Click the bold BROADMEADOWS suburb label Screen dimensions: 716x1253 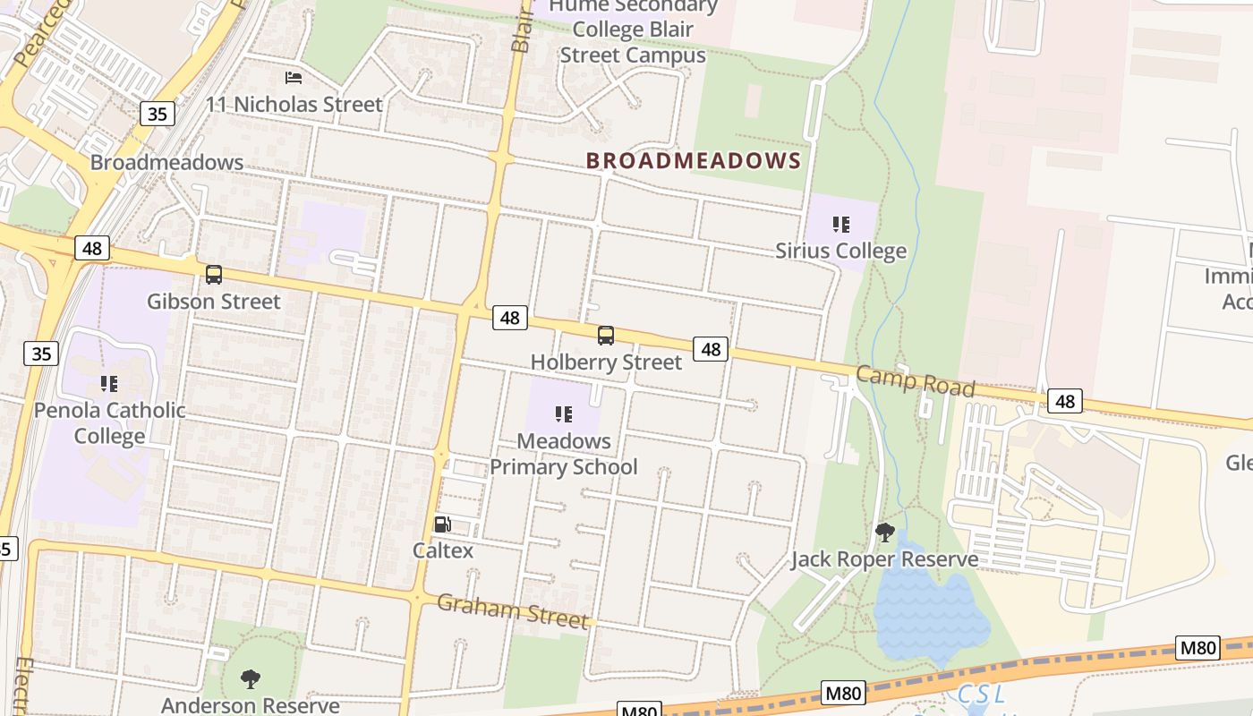click(x=693, y=161)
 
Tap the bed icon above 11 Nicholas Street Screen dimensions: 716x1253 click(x=294, y=79)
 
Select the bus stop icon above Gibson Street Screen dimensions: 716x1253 click(x=213, y=275)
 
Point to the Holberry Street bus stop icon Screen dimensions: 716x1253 click(x=606, y=336)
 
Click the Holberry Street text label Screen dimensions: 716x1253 click(x=606, y=362)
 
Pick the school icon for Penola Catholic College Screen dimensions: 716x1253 click(x=109, y=384)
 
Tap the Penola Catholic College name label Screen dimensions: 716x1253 click(x=110, y=423)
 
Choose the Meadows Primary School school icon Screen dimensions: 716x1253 click(x=564, y=414)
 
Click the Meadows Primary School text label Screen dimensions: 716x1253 click(x=564, y=454)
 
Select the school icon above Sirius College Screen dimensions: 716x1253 click(x=840, y=225)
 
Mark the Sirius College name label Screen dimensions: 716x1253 click(x=840, y=251)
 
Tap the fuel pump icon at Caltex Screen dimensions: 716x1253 click(x=442, y=524)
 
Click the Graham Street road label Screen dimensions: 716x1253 click(x=514, y=610)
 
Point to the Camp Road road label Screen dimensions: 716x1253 click(x=915, y=381)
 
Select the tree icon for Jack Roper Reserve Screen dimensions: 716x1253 click(x=884, y=533)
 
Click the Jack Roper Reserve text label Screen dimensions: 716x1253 click(x=884, y=560)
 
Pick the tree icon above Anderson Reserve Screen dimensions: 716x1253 click(x=251, y=678)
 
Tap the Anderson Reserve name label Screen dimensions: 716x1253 click(x=251, y=705)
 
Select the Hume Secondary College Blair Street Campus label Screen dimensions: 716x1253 click(x=633, y=30)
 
